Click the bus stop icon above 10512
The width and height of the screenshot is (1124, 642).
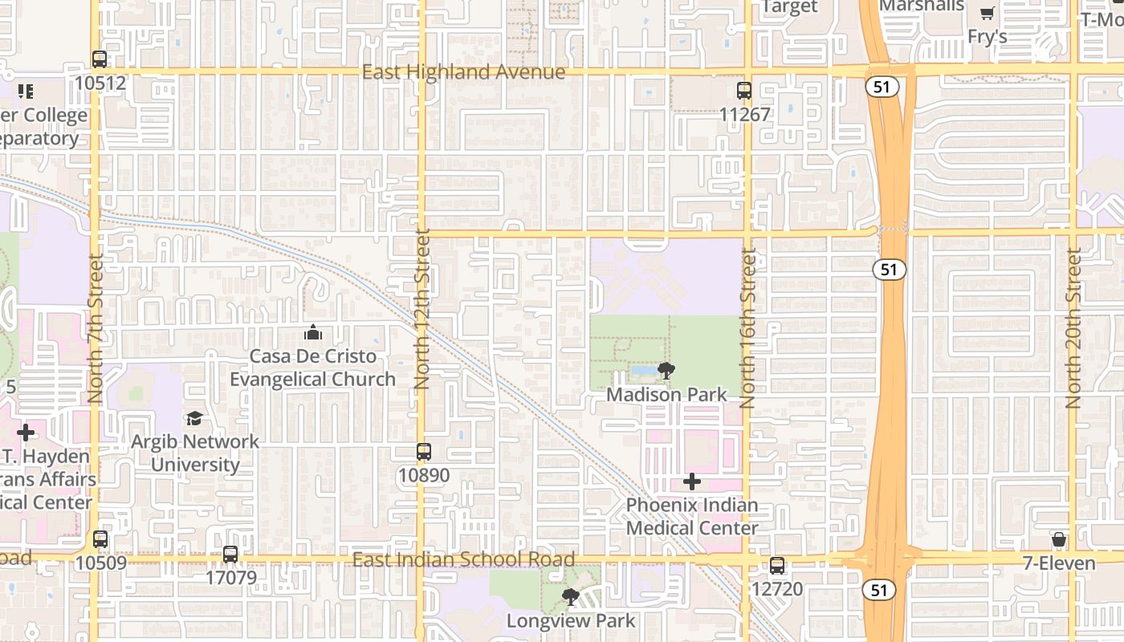pos(100,59)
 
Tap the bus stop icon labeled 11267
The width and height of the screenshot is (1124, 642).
pos(744,91)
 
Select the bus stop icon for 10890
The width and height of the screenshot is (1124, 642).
pos(424,452)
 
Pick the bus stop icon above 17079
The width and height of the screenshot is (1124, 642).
pos(230,554)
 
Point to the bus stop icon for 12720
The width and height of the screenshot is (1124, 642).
pos(777,566)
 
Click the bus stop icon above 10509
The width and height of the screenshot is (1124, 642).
pos(100,539)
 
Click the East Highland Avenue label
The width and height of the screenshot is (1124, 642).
pos(463,72)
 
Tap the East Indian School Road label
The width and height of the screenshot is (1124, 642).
pos(463,559)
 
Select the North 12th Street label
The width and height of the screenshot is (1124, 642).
pos(422,310)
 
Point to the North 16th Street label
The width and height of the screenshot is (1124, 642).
pos(748,327)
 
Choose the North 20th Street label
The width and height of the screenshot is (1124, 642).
pos(1074,327)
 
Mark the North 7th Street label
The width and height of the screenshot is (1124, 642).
pos(96,327)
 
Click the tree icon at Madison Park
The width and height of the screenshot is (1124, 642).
pos(666,372)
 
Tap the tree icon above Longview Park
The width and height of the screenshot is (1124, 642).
pos(571,597)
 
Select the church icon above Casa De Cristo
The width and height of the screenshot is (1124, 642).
pos(313,332)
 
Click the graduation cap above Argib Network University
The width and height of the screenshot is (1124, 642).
pos(194,418)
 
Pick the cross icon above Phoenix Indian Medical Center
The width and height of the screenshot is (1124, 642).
pos(692,481)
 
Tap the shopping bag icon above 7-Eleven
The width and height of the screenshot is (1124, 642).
pos(1059,539)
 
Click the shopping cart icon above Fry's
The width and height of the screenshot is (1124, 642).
pos(987,14)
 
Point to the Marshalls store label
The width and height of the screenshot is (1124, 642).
pos(922,6)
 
